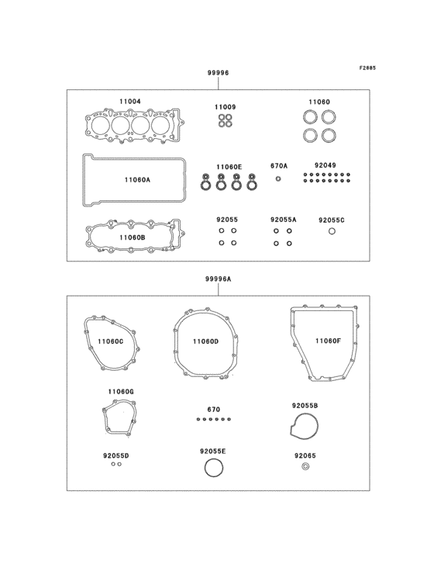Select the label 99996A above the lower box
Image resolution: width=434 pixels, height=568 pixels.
click(219, 278)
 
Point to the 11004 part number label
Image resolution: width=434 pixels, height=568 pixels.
click(129, 102)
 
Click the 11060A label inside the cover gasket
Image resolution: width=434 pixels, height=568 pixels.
click(137, 180)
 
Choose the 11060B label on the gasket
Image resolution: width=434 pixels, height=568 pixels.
click(133, 237)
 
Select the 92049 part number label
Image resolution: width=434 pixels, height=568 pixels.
click(325, 165)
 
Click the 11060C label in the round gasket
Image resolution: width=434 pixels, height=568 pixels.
click(111, 341)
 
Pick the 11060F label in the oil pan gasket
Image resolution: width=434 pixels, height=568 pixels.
click(328, 341)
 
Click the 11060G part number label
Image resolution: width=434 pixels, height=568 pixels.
click(121, 393)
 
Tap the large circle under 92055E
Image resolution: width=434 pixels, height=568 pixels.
click(212, 468)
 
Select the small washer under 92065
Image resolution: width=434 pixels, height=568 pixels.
click(305, 466)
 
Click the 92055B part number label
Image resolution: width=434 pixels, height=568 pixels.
click(305, 406)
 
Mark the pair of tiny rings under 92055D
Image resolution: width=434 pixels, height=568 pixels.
click(115, 464)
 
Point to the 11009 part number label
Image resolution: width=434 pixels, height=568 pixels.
click(226, 106)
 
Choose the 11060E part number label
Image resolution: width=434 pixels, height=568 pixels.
click(229, 167)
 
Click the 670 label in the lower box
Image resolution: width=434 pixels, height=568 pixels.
click(214, 409)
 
